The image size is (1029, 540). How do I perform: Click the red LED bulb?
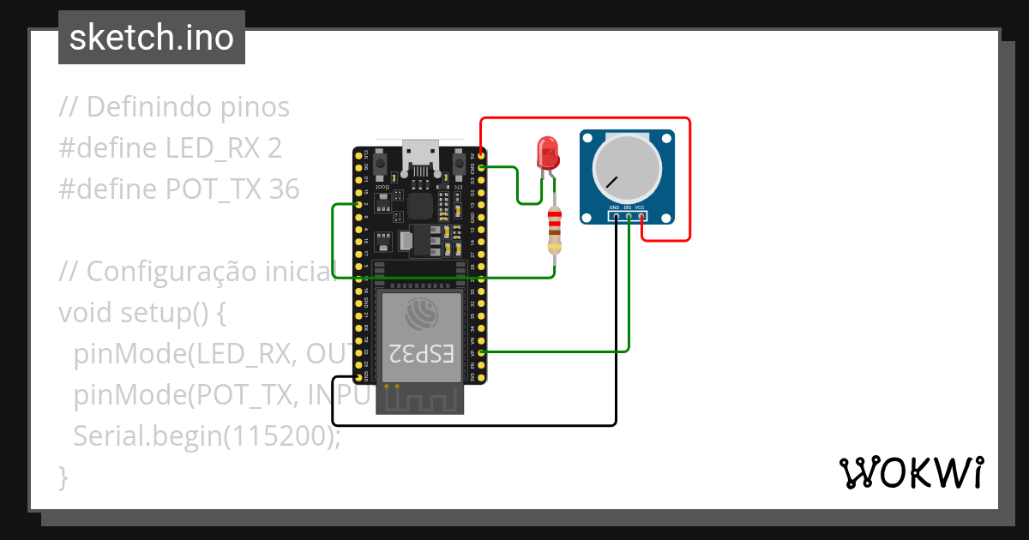547,153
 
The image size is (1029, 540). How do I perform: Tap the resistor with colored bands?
555,231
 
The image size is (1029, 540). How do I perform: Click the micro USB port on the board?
420,154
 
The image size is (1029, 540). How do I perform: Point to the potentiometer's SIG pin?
629,216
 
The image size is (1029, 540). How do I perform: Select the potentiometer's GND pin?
615,216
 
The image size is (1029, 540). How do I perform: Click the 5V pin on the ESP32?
481,155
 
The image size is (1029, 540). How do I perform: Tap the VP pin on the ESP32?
481,352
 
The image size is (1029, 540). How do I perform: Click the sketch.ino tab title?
152,38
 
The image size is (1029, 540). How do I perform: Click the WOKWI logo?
911,472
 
